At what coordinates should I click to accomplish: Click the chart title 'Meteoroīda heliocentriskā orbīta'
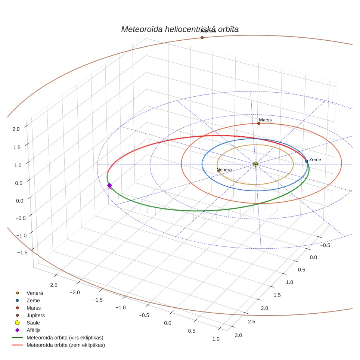(x=180, y=30)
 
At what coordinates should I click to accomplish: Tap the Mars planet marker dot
(x=259, y=123)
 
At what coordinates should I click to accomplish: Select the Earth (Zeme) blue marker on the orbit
(x=307, y=161)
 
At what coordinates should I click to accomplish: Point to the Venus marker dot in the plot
(x=219, y=171)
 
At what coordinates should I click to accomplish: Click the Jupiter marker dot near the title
(x=202, y=38)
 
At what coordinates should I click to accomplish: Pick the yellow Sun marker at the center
(x=255, y=164)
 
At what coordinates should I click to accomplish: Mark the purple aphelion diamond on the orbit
(x=109, y=186)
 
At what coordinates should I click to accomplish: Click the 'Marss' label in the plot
(x=265, y=120)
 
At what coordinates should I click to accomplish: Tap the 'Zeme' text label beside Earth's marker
(x=315, y=159)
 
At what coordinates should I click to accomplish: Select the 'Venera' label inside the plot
(x=225, y=170)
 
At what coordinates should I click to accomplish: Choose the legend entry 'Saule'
(x=33, y=323)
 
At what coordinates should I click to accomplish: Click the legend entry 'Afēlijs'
(x=34, y=330)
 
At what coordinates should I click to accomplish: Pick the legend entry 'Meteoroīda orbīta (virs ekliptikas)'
(x=65, y=338)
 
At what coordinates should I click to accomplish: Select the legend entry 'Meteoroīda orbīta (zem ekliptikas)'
(x=66, y=345)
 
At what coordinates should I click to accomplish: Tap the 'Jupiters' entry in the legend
(x=35, y=316)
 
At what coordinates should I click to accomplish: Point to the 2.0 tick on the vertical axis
(x=16, y=129)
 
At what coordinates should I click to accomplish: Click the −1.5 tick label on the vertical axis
(x=22, y=252)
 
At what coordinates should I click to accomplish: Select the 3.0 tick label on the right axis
(x=238, y=335)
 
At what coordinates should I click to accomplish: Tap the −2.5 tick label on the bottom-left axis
(x=52, y=285)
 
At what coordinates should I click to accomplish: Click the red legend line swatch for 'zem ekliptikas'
(x=17, y=345)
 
